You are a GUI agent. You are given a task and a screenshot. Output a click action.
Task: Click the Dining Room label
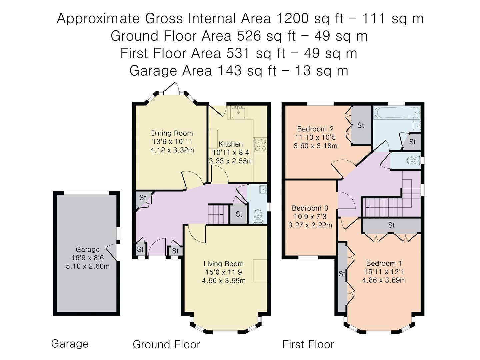pos(172,133)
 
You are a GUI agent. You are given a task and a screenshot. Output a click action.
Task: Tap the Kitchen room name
pos(231,144)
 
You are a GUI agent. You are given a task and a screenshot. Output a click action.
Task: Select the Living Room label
pos(223,264)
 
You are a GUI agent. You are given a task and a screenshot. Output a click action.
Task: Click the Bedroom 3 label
pos(310,208)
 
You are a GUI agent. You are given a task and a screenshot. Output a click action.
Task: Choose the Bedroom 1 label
pos(384,263)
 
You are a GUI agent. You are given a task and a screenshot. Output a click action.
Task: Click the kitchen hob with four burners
pos(260,145)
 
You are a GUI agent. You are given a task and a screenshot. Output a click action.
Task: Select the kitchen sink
pos(238,112)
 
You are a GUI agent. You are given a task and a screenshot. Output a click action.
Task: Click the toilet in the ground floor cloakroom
pos(258,216)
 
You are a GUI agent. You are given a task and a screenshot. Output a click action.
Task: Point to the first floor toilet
pos(413,160)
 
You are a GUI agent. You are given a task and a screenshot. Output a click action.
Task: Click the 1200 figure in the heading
pos(292,18)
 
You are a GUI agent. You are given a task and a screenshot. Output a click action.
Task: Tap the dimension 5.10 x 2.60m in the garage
pos(88,266)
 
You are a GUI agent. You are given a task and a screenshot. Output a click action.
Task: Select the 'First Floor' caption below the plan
pos(308,344)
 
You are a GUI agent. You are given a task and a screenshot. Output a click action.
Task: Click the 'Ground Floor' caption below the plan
pos(166,344)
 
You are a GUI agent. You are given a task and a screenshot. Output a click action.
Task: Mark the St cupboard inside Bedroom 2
pos(361,125)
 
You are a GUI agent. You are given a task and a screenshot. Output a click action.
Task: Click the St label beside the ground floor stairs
pos(239,214)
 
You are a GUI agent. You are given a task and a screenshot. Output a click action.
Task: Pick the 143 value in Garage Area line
pos(230,71)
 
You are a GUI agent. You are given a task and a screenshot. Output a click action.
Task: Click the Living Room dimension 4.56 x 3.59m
pos(224,280)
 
